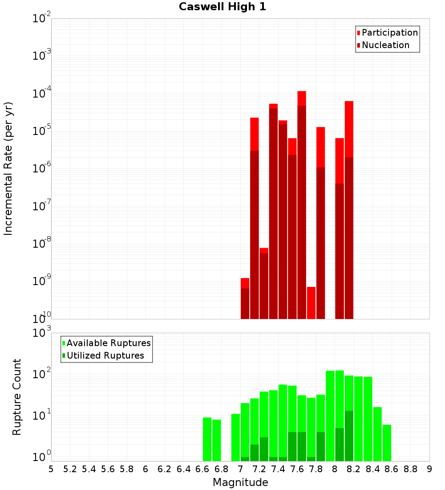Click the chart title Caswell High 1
222,7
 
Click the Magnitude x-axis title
240,482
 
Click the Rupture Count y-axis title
17,397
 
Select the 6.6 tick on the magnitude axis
202,469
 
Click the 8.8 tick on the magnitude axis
410,469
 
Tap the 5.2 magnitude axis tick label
70,469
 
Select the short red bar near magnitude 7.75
311,303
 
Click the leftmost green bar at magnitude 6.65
207,439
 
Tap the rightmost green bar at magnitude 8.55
387,443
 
